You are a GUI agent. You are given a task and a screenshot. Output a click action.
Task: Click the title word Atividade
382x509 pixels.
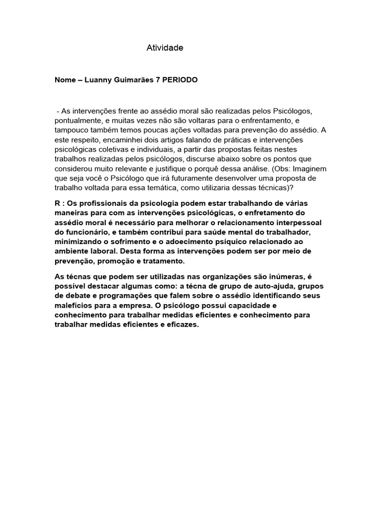165,48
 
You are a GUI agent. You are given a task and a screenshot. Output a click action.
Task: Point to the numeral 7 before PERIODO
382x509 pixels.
157,80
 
